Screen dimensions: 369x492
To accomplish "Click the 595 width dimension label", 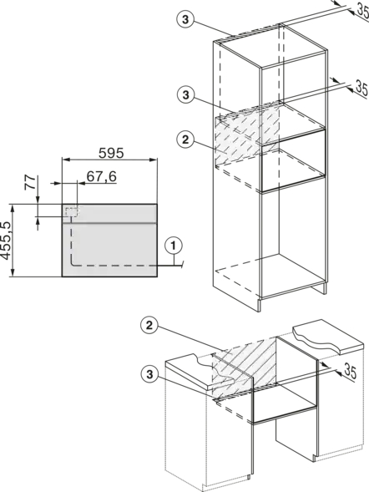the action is click(111, 153).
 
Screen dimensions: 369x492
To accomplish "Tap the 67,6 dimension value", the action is click(102, 176).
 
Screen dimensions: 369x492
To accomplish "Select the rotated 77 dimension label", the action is click(30, 183).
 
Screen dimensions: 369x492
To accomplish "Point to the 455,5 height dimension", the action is click(6, 241).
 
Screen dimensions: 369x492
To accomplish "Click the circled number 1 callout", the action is click(174, 246).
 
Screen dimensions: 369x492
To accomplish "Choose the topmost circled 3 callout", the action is click(185, 19).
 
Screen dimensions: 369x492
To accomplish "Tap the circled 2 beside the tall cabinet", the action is click(185, 139).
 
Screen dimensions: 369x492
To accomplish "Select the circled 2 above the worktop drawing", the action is click(149, 326).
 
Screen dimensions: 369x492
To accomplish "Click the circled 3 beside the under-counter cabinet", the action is click(149, 374).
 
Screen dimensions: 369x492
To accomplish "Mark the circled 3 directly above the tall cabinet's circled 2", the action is click(185, 94).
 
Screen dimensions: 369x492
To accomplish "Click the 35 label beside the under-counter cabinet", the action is click(351, 371).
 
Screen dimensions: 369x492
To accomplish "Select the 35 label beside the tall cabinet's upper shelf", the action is click(361, 89).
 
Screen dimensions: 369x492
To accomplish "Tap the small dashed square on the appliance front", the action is click(72, 211).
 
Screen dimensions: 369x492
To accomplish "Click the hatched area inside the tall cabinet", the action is click(247, 135).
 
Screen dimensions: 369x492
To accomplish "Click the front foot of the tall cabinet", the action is click(259, 304).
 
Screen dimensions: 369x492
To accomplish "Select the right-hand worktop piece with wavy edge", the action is click(327, 337).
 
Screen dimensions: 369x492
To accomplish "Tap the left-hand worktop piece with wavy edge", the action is click(200, 372).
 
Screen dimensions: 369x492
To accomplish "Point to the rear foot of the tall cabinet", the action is click(325, 289).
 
